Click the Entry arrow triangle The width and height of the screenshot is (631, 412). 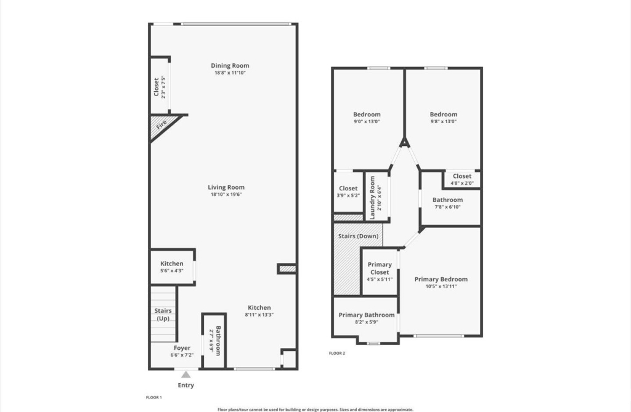185,374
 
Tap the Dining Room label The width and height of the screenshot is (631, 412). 230,66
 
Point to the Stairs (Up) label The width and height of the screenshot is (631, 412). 163,314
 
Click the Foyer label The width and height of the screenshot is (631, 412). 182,348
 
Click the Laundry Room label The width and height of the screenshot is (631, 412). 373,197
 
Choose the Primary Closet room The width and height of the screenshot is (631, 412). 380,272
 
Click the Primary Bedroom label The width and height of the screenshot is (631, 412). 441,279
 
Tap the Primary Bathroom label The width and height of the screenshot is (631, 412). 367,315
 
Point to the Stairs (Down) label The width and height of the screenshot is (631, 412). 358,235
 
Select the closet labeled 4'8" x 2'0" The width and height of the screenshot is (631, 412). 462,179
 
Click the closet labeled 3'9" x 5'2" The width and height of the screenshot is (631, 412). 348,192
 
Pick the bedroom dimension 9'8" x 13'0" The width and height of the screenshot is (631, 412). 444,121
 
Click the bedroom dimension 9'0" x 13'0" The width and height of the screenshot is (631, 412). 367,121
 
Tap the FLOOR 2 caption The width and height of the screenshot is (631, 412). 337,353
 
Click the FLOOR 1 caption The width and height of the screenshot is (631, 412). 153,397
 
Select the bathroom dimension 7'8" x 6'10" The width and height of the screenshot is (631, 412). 447,207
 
